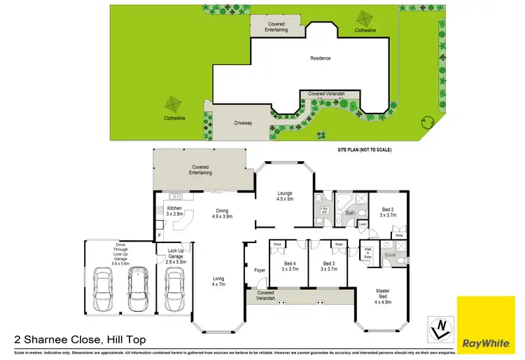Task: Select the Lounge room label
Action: point(284,196)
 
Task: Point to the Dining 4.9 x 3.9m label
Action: point(222,214)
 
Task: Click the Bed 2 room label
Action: point(388,212)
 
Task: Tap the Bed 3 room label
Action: point(329,265)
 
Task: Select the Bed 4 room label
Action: point(290,265)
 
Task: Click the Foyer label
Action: point(260,269)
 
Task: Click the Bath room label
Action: point(350,212)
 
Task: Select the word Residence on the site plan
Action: point(320,58)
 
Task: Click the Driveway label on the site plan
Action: point(243,123)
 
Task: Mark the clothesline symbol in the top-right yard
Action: point(364,18)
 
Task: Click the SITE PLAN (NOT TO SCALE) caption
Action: point(363,150)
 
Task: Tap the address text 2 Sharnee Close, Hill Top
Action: point(80,339)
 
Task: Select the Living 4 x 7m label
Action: point(218,282)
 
